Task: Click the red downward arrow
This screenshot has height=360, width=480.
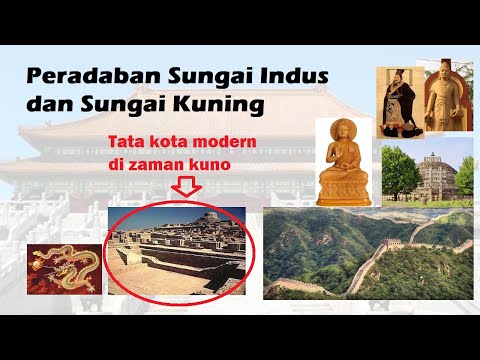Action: [x=187, y=187]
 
